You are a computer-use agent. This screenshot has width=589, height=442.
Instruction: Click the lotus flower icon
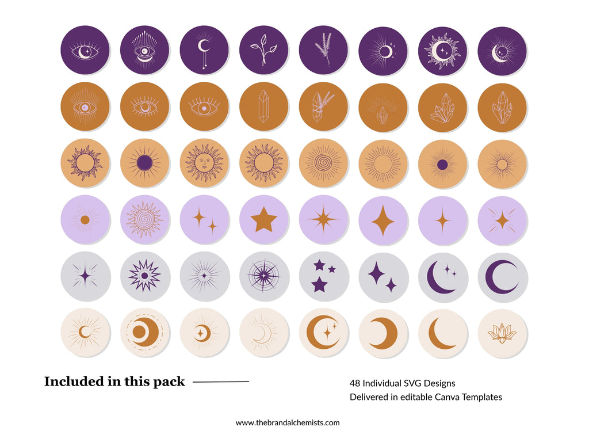[x=502, y=333]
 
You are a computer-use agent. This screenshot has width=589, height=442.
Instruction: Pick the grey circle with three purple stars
[x=323, y=276]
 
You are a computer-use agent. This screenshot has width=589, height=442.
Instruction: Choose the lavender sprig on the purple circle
[x=323, y=50]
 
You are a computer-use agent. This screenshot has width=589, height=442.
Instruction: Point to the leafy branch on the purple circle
[x=263, y=50]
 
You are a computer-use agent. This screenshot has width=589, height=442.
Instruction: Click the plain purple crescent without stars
[x=502, y=276]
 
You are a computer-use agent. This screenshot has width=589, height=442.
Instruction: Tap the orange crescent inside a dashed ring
[x=144, y=333]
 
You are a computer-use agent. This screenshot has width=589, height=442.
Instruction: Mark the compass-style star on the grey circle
[x=263, y=276]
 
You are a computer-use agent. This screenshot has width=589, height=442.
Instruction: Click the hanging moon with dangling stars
[x=204, y=50]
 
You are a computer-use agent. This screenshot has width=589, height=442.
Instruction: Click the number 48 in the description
[x=354, y=383]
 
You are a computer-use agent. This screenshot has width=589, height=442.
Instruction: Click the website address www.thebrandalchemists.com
[x=288, y=422]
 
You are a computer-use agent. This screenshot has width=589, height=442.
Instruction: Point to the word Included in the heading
[x=70, y=382]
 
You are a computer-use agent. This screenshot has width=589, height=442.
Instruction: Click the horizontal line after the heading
[x=221, y=382]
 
